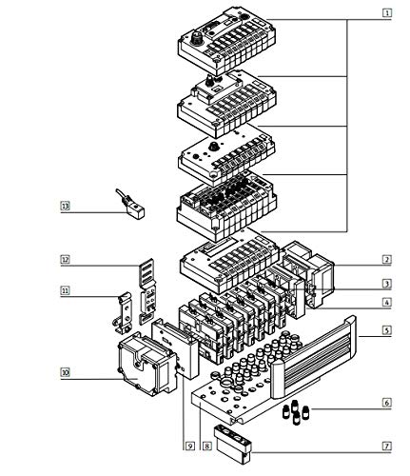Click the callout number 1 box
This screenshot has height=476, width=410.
[x=386, y=12]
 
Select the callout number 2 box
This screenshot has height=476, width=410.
[x=386, y=259]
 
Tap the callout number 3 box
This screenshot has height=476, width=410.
[x=386, y=283]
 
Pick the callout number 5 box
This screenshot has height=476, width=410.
[x=386, y=331]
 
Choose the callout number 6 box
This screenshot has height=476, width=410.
[x=386, y=404]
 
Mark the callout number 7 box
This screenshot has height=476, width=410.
[x=386, y=445]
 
